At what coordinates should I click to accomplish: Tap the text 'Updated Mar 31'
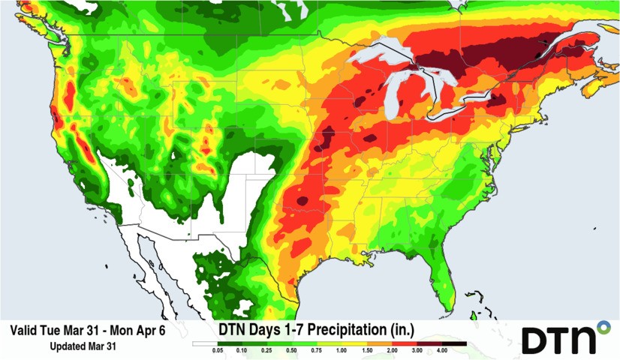point(83,346)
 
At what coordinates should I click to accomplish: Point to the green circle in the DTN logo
point(603,327)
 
